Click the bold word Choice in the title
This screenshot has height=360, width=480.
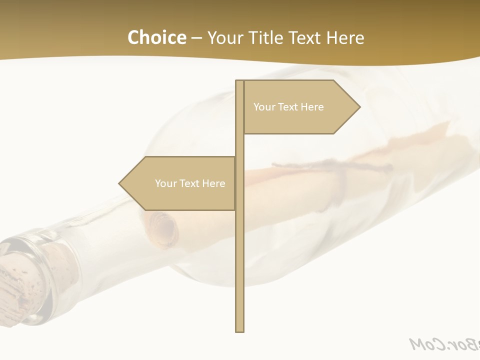tap(156, 37)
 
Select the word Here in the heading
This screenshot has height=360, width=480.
tap(345, 37)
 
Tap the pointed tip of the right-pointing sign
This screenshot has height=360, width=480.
tap(359, 106)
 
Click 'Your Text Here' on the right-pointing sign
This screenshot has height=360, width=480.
tap(288, 107)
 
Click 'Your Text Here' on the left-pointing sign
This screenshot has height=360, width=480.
tap(190, 183)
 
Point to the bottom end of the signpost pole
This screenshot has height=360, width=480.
tap(239, 330)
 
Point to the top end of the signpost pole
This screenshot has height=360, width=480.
tap(239, 81)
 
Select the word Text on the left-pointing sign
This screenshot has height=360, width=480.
tap(190, 183)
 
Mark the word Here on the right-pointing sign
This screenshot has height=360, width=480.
tap(312, 107)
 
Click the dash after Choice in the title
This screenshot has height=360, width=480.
tap(196, 38)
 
